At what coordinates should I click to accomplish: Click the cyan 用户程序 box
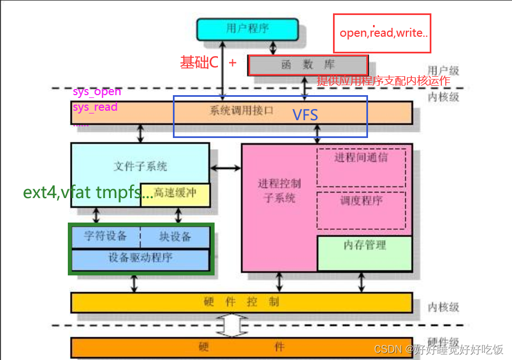click(247, 28)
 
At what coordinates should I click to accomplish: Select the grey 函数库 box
click(307, 65)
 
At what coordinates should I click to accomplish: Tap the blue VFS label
click(305, 115)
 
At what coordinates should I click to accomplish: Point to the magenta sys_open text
click(96, 91)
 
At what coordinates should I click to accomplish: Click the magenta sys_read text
click(95, 107)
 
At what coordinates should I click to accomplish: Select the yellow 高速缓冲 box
click(175, 193)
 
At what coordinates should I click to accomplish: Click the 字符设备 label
click(105, 236)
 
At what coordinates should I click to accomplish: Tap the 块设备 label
click(175, 236)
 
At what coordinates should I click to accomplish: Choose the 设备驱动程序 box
click(140, 258)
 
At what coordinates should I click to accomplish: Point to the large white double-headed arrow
click(232, 326)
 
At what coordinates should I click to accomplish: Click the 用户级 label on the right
click(443, 71)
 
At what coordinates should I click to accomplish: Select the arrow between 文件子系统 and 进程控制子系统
click(225, 167)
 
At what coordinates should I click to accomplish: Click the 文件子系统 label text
click(140, 166)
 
